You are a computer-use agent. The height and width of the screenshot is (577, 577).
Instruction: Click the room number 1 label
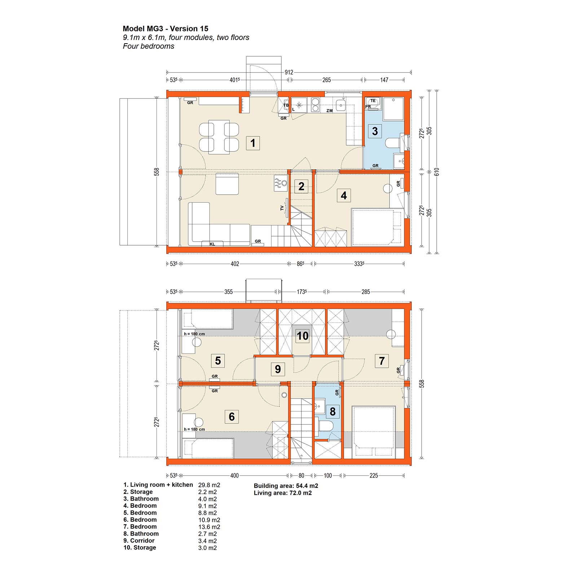253,143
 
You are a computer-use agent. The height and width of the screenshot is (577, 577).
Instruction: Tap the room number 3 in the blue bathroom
375,131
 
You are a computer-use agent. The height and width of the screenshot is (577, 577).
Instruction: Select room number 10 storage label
303,336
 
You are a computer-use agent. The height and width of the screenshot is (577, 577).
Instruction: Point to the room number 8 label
332,411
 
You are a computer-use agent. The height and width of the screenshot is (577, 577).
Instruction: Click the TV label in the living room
282,208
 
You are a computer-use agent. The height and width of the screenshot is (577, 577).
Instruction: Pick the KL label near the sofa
212,244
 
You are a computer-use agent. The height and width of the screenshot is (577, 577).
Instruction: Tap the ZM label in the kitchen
329,111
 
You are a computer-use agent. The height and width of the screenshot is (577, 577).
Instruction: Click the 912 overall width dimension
289,72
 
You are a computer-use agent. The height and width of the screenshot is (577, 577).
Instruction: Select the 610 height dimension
437,172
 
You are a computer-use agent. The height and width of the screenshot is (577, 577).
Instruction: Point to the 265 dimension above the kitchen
326,80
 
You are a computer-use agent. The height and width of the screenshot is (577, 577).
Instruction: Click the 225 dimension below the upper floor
374,476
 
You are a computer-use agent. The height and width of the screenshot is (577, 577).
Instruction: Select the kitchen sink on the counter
340,105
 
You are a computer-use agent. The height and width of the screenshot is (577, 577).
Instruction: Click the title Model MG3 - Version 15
166,29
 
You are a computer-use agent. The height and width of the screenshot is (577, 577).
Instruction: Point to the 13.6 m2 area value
209,527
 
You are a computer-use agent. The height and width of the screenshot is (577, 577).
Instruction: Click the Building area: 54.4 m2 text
286,486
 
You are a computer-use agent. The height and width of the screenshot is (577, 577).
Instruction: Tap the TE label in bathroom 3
373,101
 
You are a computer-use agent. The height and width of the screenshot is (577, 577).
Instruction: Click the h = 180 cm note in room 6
194,429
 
